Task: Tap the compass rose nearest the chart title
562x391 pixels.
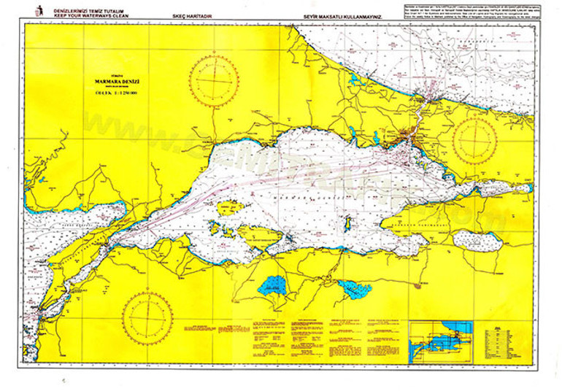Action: click(212, 82)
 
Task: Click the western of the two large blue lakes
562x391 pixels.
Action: click(272, 284)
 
